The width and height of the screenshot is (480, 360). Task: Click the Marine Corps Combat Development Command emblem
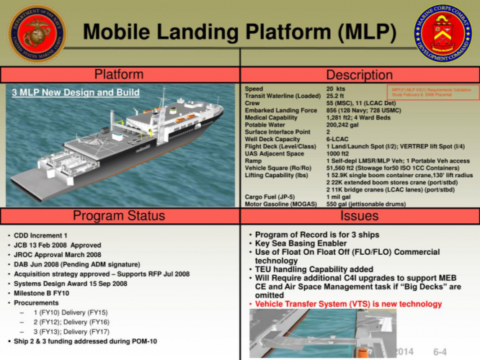point(442,33)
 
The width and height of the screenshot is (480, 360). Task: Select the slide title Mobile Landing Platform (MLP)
point(240,32)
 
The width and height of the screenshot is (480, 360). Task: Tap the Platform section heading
point(119,75)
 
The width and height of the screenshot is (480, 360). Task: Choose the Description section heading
point(359,75)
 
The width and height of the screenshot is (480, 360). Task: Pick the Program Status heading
point(119,217)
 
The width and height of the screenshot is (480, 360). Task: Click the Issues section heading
point(359,217)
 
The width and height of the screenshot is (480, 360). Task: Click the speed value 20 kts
point(336,88)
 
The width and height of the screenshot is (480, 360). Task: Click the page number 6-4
point(441,350)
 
